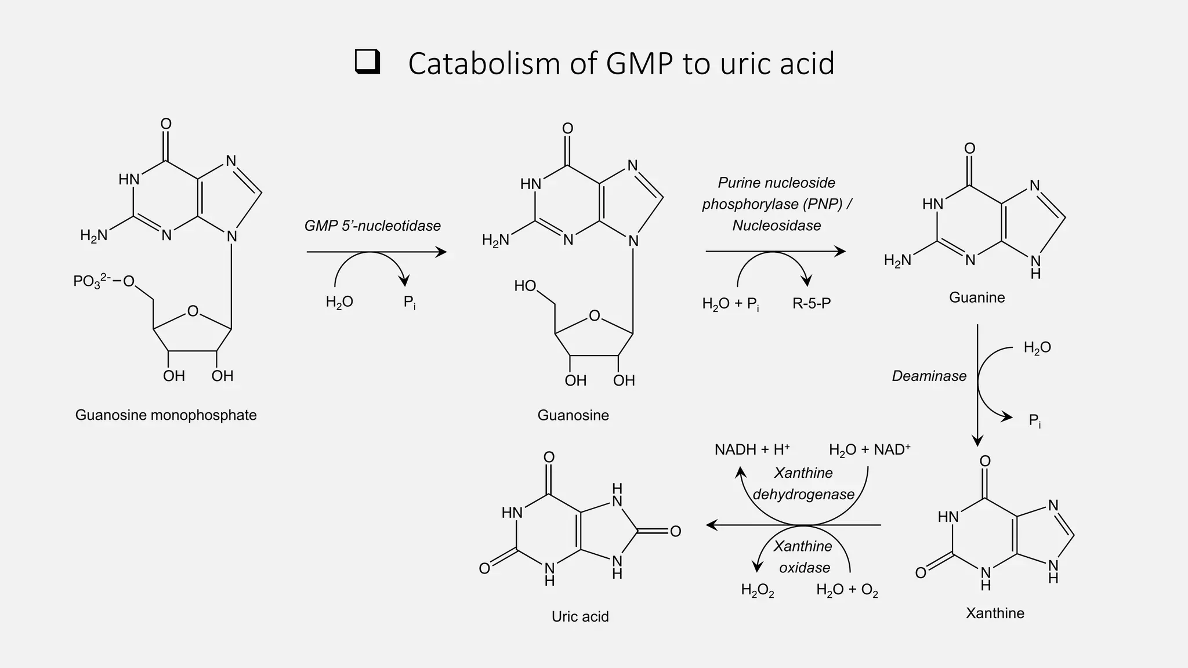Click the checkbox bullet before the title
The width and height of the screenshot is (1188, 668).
click(367, 63)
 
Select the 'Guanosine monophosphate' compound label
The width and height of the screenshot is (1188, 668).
click(166, 415)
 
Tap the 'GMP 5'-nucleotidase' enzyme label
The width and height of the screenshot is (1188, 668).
click(372, 226)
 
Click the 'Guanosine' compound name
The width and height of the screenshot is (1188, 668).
click(573, 415)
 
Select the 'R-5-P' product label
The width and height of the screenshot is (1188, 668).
click(812, 303)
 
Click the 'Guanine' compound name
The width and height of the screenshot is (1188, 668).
click(977, 297)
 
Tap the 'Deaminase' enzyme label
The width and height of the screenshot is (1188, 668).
click(929, 376)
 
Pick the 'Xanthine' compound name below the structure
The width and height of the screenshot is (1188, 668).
click(995, 613)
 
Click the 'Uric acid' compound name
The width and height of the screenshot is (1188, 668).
click(580, 616)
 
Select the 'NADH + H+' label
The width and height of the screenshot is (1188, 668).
click(752, 450)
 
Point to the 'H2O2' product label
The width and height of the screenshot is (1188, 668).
click(757, 590)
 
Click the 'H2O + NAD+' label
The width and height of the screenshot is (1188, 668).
click(869, 450)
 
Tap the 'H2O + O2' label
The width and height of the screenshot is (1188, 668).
click(847, 590)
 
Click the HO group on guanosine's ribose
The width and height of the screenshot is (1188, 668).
click(525, 286)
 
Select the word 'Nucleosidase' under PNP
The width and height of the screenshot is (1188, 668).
click(776, 226)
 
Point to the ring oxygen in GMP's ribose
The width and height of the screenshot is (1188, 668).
click(193, 312)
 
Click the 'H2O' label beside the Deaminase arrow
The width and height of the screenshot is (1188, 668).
click(1037, 348)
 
